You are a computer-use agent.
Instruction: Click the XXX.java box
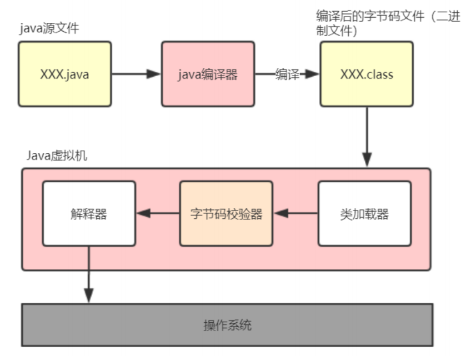click(x=65, y=74)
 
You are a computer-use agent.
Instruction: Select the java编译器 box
click(x=208, y=74)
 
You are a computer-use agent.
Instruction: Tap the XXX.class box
click(x=367, y=74)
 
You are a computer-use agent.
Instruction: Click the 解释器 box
click(x=89, y=213)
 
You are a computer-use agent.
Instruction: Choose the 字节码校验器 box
click(x=226, y=213)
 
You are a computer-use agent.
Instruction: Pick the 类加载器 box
click(x=365, y=213)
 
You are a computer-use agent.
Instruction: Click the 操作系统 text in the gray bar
click(x=227, y=325)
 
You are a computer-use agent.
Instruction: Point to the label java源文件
click(x=49, y=28)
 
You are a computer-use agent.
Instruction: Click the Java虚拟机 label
click(x=57, y=156)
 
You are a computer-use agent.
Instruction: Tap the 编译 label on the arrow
click(x=287, y=74)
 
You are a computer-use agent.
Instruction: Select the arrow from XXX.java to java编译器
click(x=136, y=74)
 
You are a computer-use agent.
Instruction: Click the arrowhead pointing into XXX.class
click(x=312, y=74)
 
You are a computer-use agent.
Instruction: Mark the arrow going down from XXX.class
click(x=367, y=137)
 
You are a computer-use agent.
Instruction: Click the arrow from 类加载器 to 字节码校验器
click(x=295, y=213)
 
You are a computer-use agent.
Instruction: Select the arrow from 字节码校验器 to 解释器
click(x=158, y=213)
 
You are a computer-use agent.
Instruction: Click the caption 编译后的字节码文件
click(x=370, y=16)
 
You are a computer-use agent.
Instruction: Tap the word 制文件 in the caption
click(x=334, y=31)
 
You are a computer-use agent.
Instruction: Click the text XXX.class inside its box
click(x=367, y=74)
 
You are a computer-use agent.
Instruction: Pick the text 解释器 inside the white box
click(x=89, y=214)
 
